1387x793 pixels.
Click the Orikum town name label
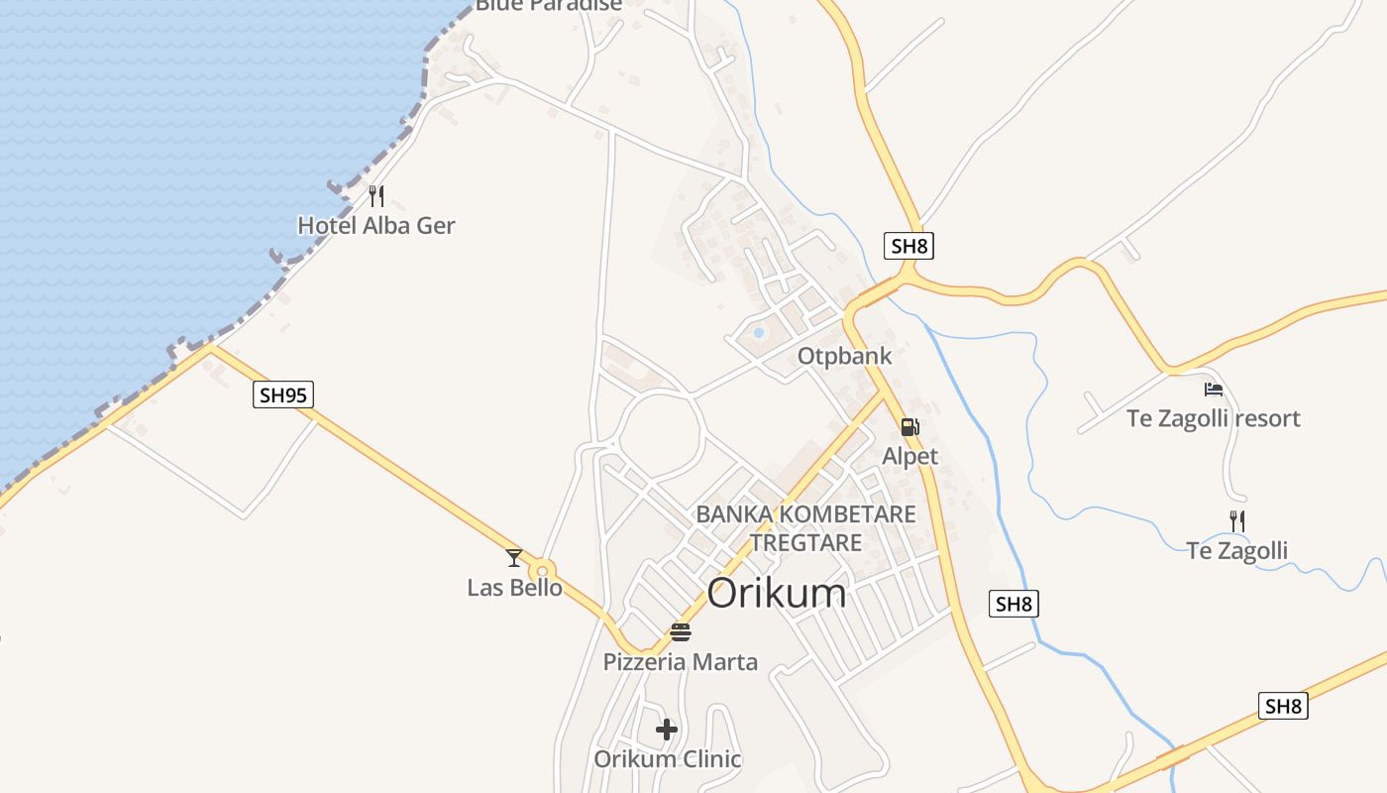coord(777,594)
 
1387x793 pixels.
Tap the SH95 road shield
coord(283,396)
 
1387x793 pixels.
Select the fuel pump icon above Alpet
coord(909,427)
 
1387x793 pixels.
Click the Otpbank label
coord(845,357)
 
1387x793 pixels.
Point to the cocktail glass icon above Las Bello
coord(513,558)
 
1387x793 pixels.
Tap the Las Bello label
coord(514,588)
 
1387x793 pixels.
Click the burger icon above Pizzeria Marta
coord(680,631)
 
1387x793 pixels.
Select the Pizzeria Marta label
coord(680,662)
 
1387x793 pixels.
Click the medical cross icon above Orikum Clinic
coord(667,730)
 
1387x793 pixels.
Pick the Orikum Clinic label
coord(667,760)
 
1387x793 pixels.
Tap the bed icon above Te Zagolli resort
coord(1214,390)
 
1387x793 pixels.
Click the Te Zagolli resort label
coord(1213,418)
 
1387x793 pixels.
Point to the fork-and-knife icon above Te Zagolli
coord(1237,520)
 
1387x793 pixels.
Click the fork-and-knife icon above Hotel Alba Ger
coord(376,195)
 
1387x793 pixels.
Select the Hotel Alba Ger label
coord(376,226)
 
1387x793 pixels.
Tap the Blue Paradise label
coord(549,5)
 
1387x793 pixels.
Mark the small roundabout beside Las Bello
coord(541,571)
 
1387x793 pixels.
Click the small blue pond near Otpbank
coord(759,333)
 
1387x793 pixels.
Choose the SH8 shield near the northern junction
coord(908,246)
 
